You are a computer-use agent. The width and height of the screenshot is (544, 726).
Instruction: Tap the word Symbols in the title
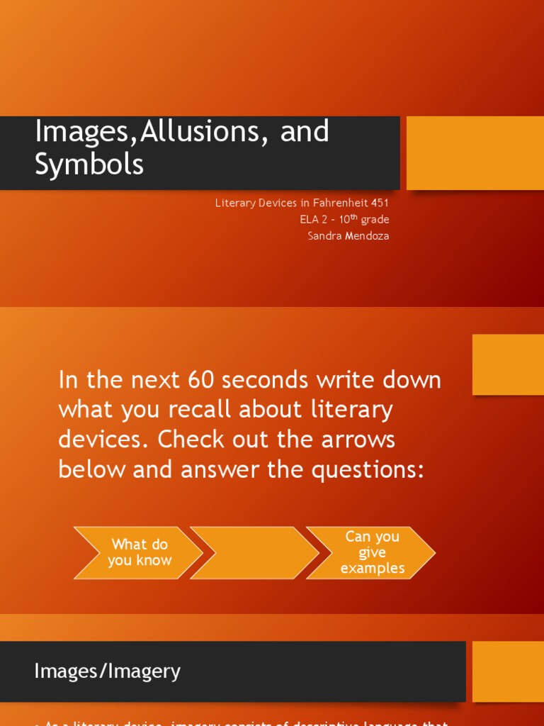click(89, 164)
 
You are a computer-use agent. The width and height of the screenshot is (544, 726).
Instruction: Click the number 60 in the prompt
click(202, 380)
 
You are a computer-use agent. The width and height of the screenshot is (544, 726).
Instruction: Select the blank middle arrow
click(255, 553)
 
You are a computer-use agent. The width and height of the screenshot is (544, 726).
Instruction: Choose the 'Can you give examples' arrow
click(372, 553)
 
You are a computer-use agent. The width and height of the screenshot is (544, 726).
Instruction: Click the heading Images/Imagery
click(108, 671)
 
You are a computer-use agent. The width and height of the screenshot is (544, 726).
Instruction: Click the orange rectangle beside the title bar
click(475, 153)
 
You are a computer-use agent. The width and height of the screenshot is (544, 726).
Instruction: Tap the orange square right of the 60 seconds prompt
click(508, 364)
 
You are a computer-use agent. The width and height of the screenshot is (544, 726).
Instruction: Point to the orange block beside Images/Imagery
click(508, 671)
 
